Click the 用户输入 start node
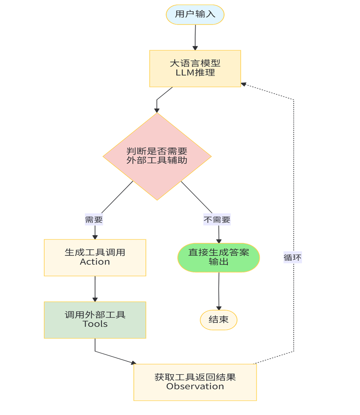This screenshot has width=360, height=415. click(195, 14)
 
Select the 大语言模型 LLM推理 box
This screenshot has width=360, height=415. click(195, 69)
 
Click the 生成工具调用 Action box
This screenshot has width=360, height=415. click(95, 257)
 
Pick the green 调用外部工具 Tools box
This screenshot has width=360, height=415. click(95, 320)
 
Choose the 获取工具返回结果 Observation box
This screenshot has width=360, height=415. click(195, 382)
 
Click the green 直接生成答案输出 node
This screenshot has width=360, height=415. click(219, 257)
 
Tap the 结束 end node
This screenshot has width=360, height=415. click(219, 320)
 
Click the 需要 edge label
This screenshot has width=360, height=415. click(94, 220)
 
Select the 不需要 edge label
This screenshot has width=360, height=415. click(217, 220)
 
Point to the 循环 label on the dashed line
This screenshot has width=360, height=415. click(292, 257)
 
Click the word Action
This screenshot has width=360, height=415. click(95, 262)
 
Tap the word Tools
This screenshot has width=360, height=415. click(95, 324)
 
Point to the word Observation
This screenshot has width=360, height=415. click(195, 387)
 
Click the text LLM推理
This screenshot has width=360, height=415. click(195, 73)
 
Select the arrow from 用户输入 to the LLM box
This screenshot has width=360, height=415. click(195, 37)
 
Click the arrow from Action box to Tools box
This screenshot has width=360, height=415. click(95, 288)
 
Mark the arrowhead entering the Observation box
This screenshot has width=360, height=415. click(134, 363)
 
